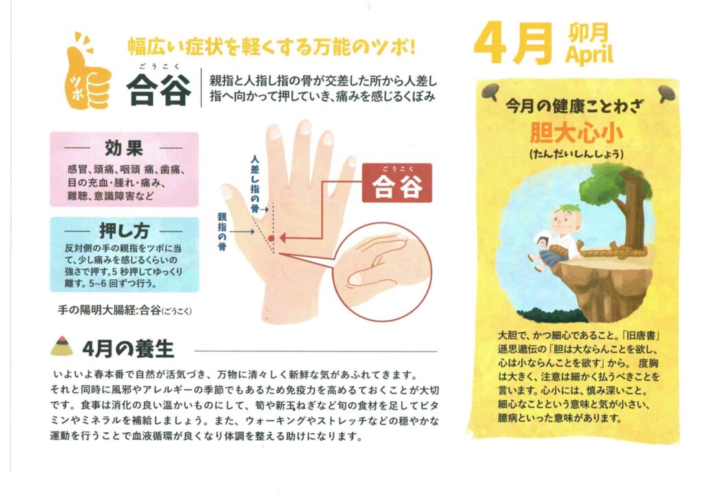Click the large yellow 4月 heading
(513, 43)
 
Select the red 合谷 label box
(397, 183)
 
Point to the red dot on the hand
(271, 238)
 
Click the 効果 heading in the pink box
(124, 147)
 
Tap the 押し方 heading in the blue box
(124, 231)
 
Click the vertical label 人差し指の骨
(255, 184)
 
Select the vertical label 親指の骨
(222, 232)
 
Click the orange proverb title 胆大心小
(576, 132)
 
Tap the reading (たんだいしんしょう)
(576, 154)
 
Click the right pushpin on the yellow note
(668, 94)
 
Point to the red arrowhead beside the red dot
(282, 238)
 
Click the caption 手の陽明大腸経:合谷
(125, 310)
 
